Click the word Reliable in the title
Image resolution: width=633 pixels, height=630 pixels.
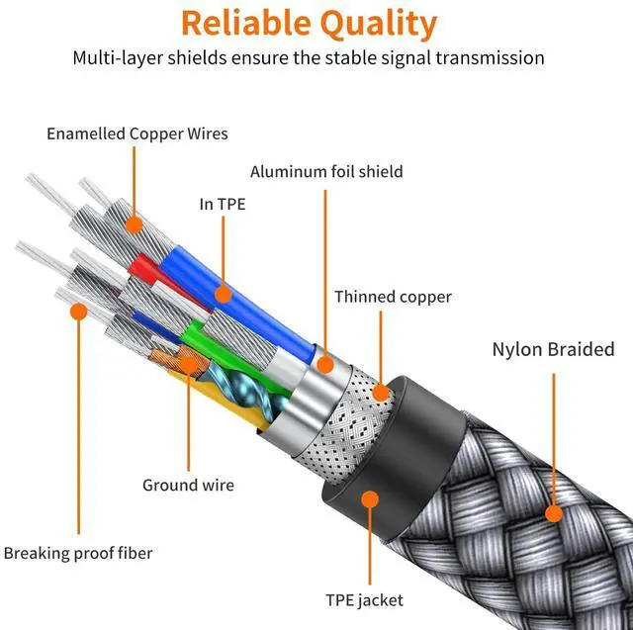click(x=245, y=23)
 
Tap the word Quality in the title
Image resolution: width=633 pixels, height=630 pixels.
click(x=379, y=24)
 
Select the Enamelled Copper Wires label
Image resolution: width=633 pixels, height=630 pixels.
click(x=137, y=134)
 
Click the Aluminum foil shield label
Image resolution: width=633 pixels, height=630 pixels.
click(x=326, y=171)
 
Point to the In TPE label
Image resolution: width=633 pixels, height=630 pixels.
click(x=223, y=204)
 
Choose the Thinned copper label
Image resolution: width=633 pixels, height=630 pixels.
click(x=393, y=297)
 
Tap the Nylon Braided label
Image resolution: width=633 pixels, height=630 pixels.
click(x=554, y=349)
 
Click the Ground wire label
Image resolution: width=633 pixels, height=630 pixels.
click(x=188, y=485)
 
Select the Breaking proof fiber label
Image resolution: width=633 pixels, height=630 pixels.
click(x=78, y=553)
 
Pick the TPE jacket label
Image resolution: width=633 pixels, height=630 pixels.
click(x=365, y=600)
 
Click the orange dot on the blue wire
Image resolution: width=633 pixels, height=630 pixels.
click(x=224, y=294)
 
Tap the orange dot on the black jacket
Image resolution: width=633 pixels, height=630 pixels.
click(x=370, y=499)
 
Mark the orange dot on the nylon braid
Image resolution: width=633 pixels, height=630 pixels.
click(x=554, y=513)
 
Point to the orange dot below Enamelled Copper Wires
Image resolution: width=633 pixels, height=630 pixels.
click(x=135, y=225)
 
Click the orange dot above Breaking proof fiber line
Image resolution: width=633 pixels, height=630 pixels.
click(x=79, y=312)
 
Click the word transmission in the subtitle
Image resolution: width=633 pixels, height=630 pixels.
click(x=490, y=57)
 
